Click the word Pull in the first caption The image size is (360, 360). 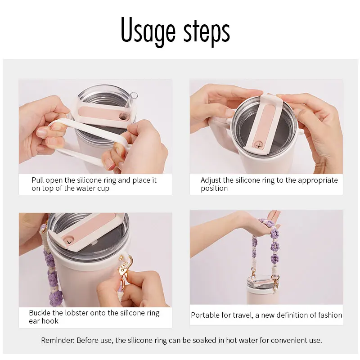pos(37,180)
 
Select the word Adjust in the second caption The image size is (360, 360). pos(210,180)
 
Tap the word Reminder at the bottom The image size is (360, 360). pos(58,340)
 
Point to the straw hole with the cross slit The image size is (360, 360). pos(259,145)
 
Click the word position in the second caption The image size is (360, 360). pos(214,189)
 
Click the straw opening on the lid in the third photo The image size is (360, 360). pos(69,242)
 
